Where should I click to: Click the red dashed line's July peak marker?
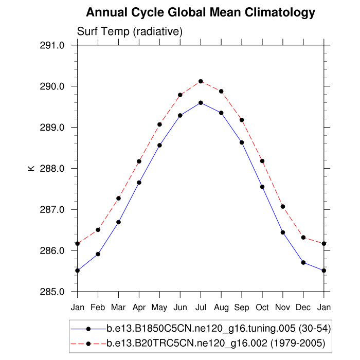pyautogui.click(x=201, y=81)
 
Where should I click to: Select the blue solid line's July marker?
pyautogui.click(x=201, y=102)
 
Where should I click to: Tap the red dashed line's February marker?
pyautogui.click(x=98, y=230)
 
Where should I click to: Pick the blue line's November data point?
pyautogui.click(x=283, y=232)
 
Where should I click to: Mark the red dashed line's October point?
pyautogui.click(x=262, y=161)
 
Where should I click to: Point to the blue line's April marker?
pyautogui.click(x=139, y=183)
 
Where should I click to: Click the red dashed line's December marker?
pyautogui.click(x=303, y=238)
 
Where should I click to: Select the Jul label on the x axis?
pyautogui.click(x=201, y=307)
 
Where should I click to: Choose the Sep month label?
pyautogui.click(x=242, y=307)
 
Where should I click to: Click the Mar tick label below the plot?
pyautogui.click(x=118, y=307)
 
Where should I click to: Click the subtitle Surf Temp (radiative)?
pyautogui.click(x=130, y=31)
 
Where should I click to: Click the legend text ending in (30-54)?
pyautogui.click(x=218, y=328)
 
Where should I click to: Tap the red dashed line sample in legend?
pyautogui.click(x=88, y=343)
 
